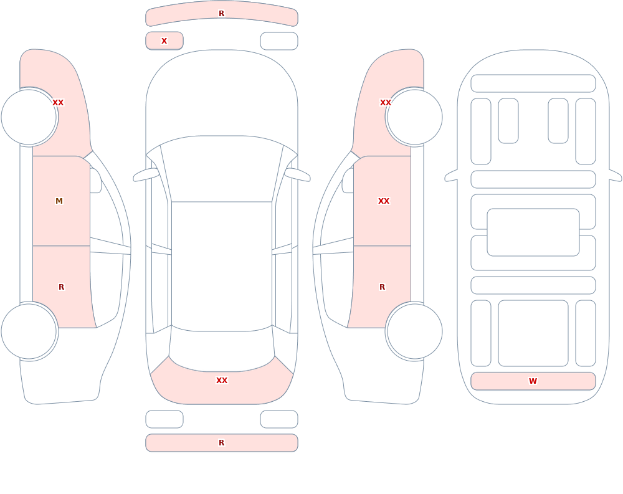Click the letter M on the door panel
59,201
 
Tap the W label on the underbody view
533,381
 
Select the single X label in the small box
164,41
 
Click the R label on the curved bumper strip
221,14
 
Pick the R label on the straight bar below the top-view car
221,443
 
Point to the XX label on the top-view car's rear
222,381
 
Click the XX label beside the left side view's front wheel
58,103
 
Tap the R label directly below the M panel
61,287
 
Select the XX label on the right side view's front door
384,201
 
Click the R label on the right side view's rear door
383,287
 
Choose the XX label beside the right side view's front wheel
386,103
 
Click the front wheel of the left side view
29,117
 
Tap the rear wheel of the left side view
29,331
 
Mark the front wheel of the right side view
415,117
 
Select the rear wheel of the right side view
415,331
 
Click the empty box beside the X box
279,41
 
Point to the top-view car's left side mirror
146,175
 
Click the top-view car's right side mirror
298,175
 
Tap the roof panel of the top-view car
222,266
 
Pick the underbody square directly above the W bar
533,333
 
